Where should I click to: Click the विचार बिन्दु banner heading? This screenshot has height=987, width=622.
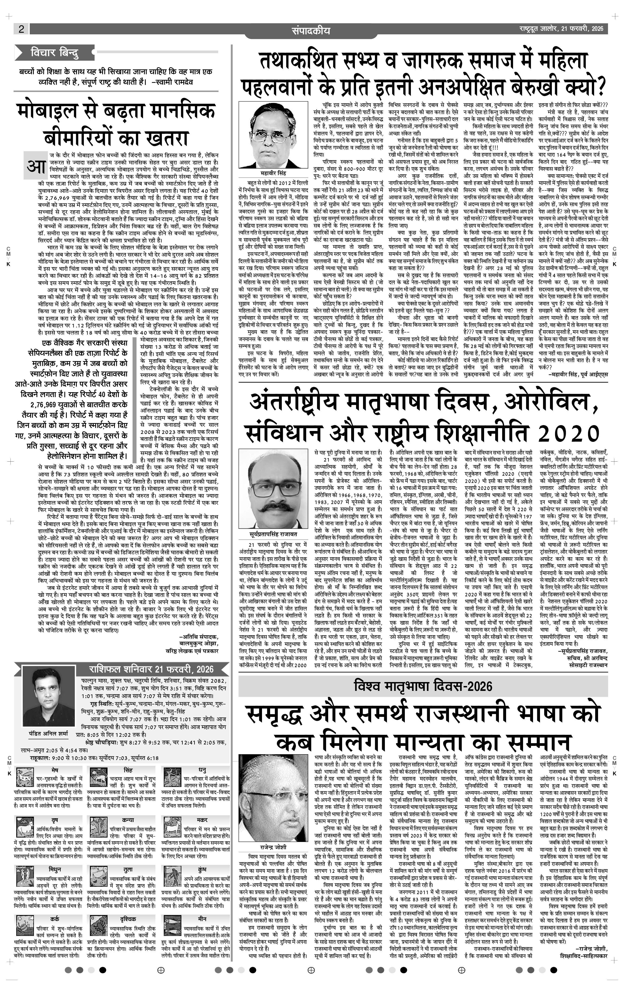click(x=55, y=53)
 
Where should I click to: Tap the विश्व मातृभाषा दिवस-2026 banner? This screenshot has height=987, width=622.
click(x=422, y=686)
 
